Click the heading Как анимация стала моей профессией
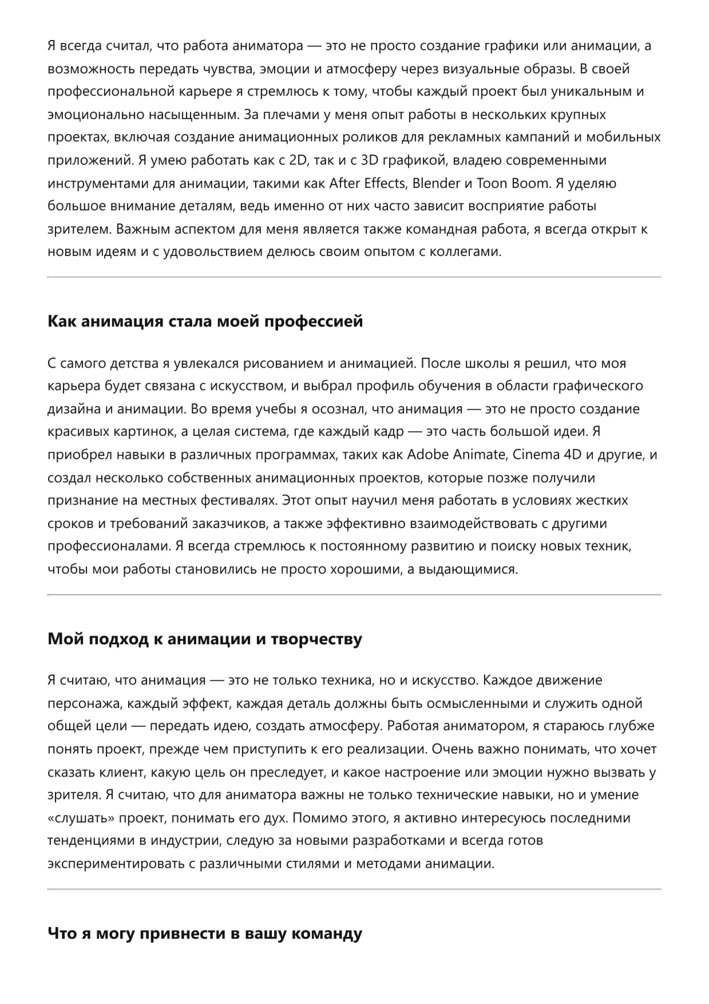[205, 321]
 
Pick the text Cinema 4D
[546, 455]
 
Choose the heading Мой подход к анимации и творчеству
[204, 639]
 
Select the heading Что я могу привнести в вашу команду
[204, 934]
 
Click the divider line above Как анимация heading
[354, 277]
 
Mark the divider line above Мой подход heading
[354, 595]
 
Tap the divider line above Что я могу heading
[354, 889]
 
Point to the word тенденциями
[93, 841]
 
